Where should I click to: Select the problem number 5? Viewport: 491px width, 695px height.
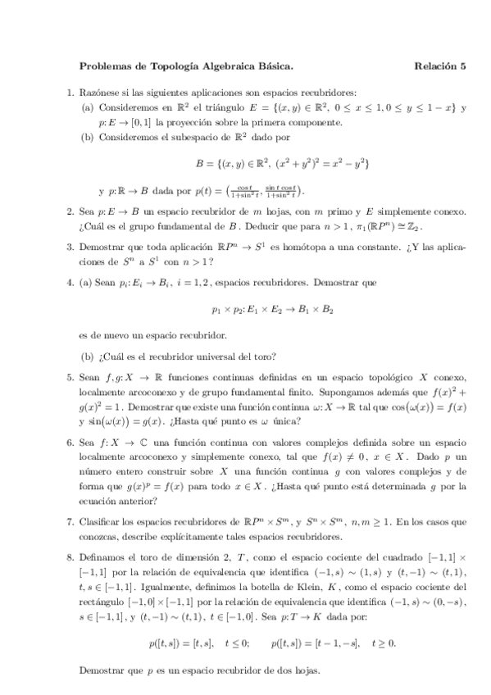pos(69,378)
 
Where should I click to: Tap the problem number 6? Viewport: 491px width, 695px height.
pos(69,442)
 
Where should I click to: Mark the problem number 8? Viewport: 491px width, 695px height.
pos(69,557)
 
